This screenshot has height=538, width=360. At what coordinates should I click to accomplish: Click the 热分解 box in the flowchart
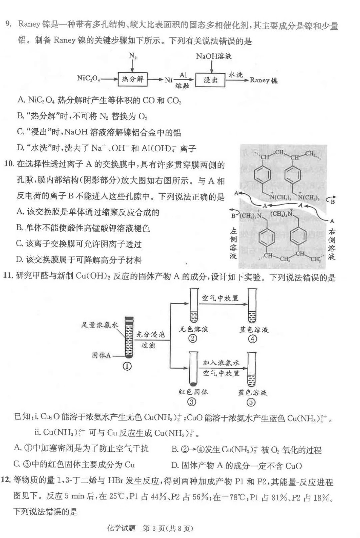point(132,79)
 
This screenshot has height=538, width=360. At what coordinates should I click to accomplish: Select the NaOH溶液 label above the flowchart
point(214,56)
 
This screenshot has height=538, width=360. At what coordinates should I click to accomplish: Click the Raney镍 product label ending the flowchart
point(264,80)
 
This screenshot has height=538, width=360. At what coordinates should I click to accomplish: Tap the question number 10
point(9,164)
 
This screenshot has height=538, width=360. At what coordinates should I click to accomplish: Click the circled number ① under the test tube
point(127,366)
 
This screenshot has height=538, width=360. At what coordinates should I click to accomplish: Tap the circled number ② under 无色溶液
point(193,339)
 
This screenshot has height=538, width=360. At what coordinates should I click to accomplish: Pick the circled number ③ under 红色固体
point(192,402)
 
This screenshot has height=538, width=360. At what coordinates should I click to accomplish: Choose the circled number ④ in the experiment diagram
point(252,339)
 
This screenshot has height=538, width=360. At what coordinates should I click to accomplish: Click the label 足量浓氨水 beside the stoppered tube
point(99,325)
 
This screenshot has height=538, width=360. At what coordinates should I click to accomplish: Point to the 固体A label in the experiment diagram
point(101,355)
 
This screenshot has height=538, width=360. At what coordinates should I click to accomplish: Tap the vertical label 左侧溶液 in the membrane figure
point(233,244)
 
